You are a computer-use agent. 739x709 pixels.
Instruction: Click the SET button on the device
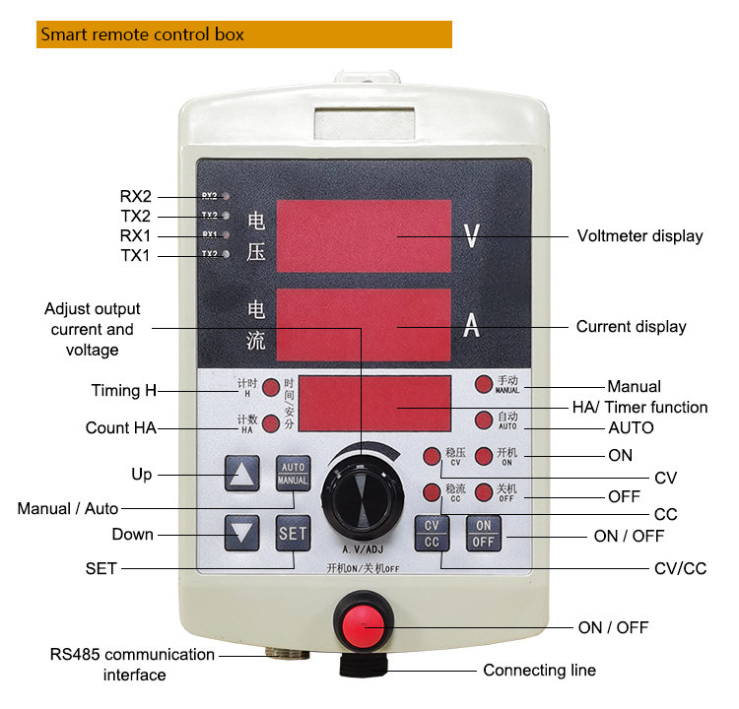point(293,534)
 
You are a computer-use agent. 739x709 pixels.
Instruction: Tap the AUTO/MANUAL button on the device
point(293,474)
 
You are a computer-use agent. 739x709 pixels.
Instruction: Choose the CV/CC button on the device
point(432,533)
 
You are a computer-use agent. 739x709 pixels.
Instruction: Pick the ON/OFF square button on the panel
point(483,533)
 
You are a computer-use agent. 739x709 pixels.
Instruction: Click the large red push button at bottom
point(363,622)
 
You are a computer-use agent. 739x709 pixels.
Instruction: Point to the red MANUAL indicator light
point(483,385)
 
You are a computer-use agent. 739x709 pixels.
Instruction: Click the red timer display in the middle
point(374,404)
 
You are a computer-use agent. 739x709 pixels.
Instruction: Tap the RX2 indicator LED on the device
point(227,196)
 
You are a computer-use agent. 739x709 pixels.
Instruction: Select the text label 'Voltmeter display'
point(639,236)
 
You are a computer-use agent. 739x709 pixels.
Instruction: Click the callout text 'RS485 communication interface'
point(134,665)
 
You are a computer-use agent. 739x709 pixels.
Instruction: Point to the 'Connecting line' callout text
point(539,671)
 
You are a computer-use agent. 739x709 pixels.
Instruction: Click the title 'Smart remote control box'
point(142,35)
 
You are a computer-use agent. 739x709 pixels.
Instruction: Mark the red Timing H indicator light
point(270,388)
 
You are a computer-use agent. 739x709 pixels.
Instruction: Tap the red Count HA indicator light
point(270,424)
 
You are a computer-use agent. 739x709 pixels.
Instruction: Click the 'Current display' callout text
point(631,327)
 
